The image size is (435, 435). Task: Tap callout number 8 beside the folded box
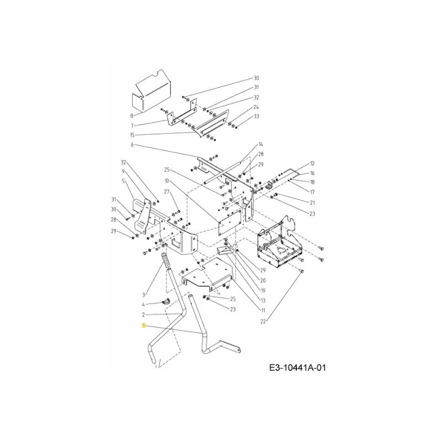[132, 116]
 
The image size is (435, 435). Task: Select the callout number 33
[257, 116]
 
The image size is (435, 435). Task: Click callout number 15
[132, 135]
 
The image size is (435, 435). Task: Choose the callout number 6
[132, 145]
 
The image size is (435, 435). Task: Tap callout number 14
[260, 144]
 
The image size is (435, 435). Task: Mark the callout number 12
[313, 163]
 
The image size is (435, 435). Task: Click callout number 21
[313, 202]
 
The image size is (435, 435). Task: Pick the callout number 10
[167, 180]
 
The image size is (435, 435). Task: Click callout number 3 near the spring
[144, 294]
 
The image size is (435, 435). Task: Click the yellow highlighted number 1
[143, 325]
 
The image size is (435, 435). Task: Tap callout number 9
[123, 171]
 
